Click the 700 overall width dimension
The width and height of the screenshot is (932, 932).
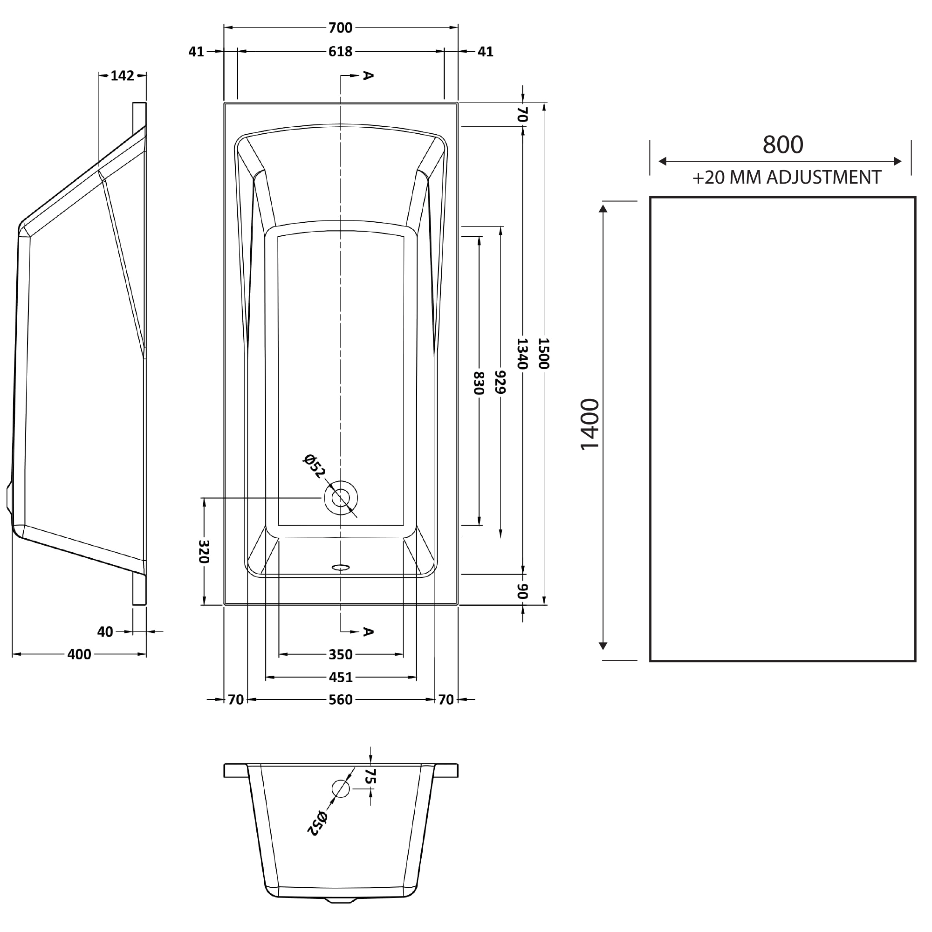click(340, 28)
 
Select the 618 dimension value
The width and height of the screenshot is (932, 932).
click(340, 51)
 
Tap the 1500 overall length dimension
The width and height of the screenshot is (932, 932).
click(544, 353)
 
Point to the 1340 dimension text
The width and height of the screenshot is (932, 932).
click(522, 353)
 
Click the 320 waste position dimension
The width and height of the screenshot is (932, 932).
click(204, 551)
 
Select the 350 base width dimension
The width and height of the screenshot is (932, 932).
click(340, 655)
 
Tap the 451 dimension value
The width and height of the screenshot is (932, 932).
click(340, 677)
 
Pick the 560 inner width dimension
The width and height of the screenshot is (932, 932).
click(340, 699)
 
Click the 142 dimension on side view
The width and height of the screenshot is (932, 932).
click(122, 76)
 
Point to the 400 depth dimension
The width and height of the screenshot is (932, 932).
click(79, 655)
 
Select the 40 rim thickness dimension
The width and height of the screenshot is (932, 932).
click(105, 632)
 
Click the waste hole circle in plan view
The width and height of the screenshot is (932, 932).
click(341, 497)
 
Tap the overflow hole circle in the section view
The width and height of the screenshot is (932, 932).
click(341, 789)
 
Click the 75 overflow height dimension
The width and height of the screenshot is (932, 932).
click(370, 776)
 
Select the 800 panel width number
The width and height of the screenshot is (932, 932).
click(782, 144)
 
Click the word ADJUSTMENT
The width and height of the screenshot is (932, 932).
click(824, 178)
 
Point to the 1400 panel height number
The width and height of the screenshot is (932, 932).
click(589, 425)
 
